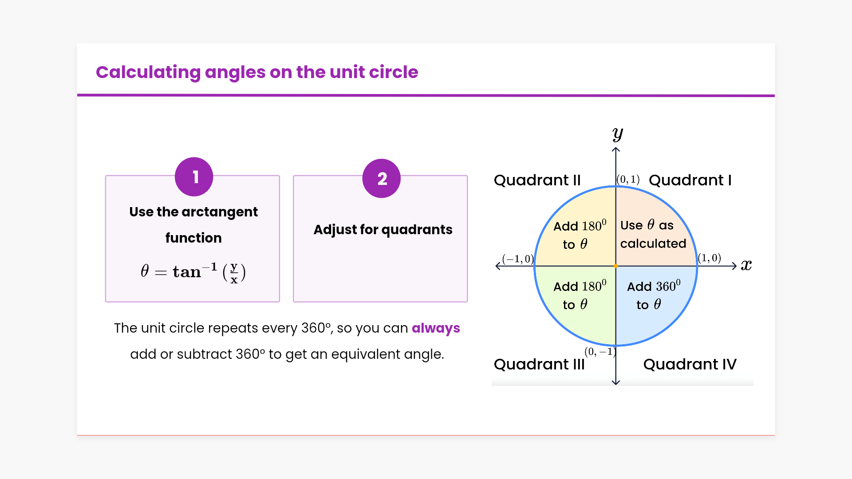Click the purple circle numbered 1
[194, 177]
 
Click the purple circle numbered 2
[382, 178]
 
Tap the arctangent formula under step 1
[193, 271]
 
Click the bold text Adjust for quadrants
[383, 229]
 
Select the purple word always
[435, 328]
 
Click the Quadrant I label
[690, 180]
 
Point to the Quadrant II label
[537, 180]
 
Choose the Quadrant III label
[539, 364]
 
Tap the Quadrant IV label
[690, 364]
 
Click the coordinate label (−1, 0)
[517, 259]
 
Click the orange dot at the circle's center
[616, 266]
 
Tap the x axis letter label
[746, 265]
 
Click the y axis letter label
[617, 133]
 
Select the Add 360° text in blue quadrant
[653, 286]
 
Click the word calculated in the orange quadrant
[653, 243]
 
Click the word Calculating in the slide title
[148, 72]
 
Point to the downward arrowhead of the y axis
[616, 382]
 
